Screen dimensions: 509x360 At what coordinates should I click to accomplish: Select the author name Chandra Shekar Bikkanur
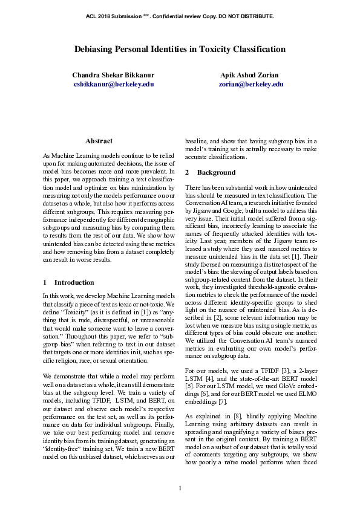click(x=113, y=76)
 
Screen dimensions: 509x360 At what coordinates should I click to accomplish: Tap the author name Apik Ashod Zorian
click(x=250, y=76)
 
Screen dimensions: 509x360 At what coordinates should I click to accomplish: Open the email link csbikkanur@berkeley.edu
click(x=113, y=85)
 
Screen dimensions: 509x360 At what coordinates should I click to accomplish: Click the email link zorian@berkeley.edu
click(x=250, y=85)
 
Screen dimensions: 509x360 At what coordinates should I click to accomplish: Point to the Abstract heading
click(x=99, y=141)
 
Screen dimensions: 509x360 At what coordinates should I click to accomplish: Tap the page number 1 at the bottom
click(x=180, y=488)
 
